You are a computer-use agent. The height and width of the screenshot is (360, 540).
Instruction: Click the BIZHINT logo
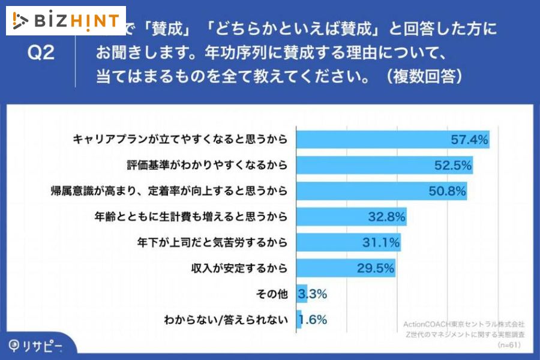[x=66, y=20]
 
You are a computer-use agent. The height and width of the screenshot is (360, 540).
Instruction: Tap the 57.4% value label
[x=469, y=140]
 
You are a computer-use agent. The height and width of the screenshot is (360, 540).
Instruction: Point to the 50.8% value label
[x=446, y=191]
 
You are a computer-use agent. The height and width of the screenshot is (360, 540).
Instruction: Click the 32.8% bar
[x=351, y=217]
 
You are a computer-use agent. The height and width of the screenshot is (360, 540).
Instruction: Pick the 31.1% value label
[x=380, y=242]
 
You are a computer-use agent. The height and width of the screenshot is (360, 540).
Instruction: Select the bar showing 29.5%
[x=345, y=268]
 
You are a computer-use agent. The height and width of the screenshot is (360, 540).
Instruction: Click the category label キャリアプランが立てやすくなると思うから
[x=180, y=140]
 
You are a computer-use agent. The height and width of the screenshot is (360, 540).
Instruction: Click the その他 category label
[x=273, y=294]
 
